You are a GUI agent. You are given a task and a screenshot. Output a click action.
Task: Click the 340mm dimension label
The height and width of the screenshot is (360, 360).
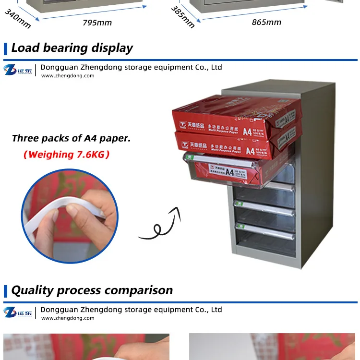(18, 18)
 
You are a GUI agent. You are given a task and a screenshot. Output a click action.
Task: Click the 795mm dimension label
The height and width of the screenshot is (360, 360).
(97, 23)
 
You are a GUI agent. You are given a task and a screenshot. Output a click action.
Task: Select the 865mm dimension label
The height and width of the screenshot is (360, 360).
(266, 22)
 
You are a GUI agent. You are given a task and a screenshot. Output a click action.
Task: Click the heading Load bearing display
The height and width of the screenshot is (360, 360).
(72, 48)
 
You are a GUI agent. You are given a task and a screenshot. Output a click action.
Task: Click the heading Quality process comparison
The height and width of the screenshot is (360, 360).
(92, 290)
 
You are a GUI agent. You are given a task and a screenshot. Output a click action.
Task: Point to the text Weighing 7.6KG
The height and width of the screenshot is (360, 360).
(67, 155)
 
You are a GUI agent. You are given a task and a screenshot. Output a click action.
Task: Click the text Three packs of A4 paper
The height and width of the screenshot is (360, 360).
(71, 139)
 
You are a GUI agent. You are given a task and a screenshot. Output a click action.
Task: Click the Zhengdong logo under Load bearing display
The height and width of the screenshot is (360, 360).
(18, 70)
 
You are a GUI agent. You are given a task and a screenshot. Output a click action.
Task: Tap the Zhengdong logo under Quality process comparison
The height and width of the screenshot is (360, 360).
(18, 312)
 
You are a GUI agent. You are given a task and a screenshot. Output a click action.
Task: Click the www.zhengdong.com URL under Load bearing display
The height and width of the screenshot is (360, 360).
(67, 76)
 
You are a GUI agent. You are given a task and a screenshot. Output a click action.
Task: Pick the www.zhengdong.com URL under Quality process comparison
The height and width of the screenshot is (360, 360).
(67, 318)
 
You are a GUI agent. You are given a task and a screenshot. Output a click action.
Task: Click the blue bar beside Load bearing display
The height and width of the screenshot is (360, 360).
(5, 48)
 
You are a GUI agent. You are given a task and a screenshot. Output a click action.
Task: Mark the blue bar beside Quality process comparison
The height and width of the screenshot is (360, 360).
(5, 291)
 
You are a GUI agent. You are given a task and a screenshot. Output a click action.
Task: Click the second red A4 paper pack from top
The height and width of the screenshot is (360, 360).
(235, 144)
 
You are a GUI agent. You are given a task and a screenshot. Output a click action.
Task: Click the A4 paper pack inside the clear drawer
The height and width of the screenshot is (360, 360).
(230, 169)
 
